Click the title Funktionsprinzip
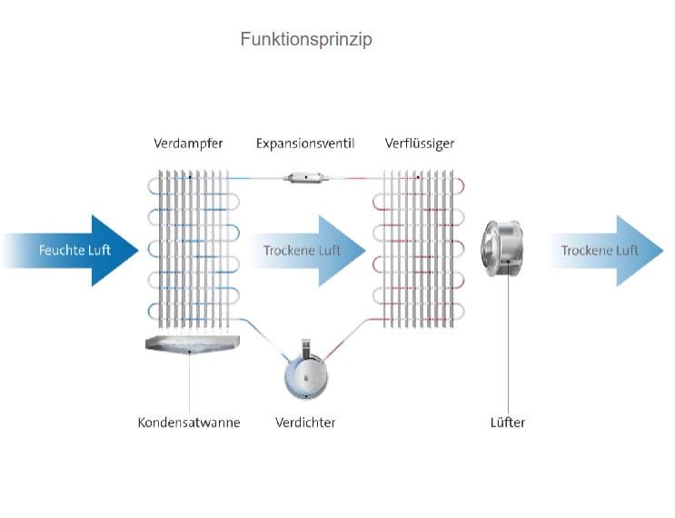point(306,40)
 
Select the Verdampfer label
point(188,144)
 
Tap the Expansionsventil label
point(304,144)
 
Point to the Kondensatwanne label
point(189,423)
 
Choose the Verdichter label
point(305,423)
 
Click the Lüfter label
point(508,423)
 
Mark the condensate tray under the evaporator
point(190,344)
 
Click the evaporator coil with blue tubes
point(189,245)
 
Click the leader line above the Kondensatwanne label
point(190,382)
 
